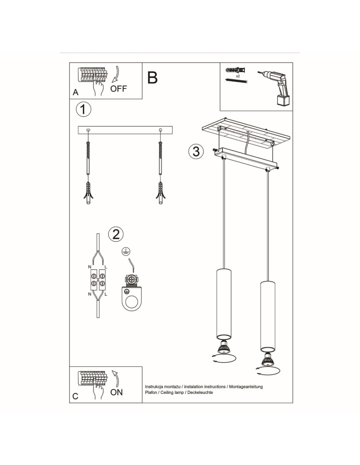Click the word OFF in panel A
click(x=119, y=89)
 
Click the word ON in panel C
click(x=117, y=392)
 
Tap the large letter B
click(x=153, y=78)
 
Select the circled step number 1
click(x=83, y=110)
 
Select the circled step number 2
click(x=116, y=234)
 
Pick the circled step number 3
click(x=196, y=151)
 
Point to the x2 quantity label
click(x=238, y=75)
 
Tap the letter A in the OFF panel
click(x=76, y=93)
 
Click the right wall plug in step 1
click(x=160, y=193)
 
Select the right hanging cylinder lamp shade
click(x=267, y=316)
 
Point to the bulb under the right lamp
click(x=268, y=359)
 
